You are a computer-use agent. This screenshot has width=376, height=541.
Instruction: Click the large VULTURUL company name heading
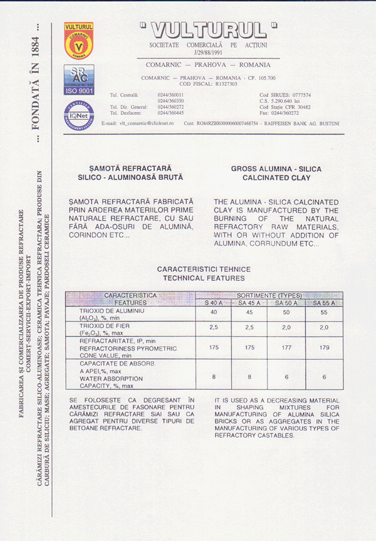[207, 29]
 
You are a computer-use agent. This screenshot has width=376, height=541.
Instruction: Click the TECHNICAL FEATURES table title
[204, 277]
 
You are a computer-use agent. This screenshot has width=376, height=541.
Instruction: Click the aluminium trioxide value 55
[323, 312]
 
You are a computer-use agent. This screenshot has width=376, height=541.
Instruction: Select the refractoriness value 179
[323, 347]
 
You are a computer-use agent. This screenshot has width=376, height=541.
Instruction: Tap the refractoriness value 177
[286, 347]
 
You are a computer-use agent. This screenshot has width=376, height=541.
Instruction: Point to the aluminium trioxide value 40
[214, 312]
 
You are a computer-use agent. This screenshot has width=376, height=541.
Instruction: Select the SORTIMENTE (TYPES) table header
[269, 295]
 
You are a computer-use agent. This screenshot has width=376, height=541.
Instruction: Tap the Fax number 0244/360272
[279, 113]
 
